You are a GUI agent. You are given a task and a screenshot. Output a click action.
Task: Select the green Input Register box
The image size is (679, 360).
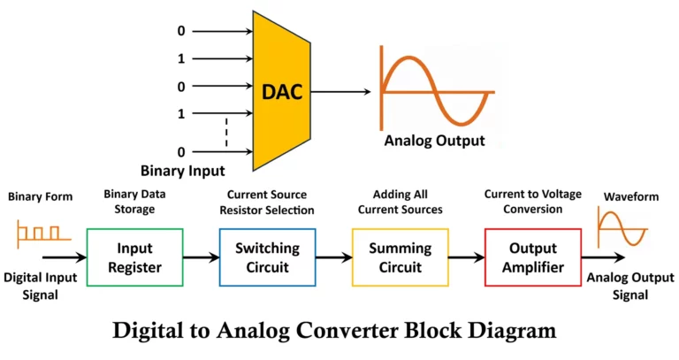(134, 257)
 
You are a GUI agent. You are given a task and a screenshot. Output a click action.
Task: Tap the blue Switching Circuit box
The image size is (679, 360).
(266, 257)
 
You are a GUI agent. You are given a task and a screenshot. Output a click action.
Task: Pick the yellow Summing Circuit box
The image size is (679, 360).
(400, 257)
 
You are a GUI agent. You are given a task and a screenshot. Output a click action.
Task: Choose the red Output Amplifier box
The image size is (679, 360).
(533, 257)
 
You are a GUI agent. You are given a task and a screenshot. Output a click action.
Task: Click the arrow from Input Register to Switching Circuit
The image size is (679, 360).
(201, 257)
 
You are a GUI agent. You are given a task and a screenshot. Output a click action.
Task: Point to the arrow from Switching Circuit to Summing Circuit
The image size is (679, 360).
(333, 257)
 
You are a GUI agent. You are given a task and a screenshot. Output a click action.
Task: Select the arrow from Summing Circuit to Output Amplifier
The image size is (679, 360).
(467, 257)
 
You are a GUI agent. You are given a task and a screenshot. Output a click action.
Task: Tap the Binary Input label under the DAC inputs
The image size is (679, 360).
(183, 169)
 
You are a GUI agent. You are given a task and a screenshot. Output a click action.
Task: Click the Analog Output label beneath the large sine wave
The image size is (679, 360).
(434, 141)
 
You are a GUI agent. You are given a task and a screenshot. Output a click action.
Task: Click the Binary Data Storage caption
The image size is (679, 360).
(134, 202)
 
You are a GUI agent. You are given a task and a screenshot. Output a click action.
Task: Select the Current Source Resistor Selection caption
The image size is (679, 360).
(266, 202)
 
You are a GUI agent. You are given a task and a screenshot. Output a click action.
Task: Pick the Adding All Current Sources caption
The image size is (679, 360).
(400, 202)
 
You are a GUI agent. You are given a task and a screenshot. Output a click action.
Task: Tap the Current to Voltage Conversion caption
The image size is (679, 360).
(533, 202)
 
